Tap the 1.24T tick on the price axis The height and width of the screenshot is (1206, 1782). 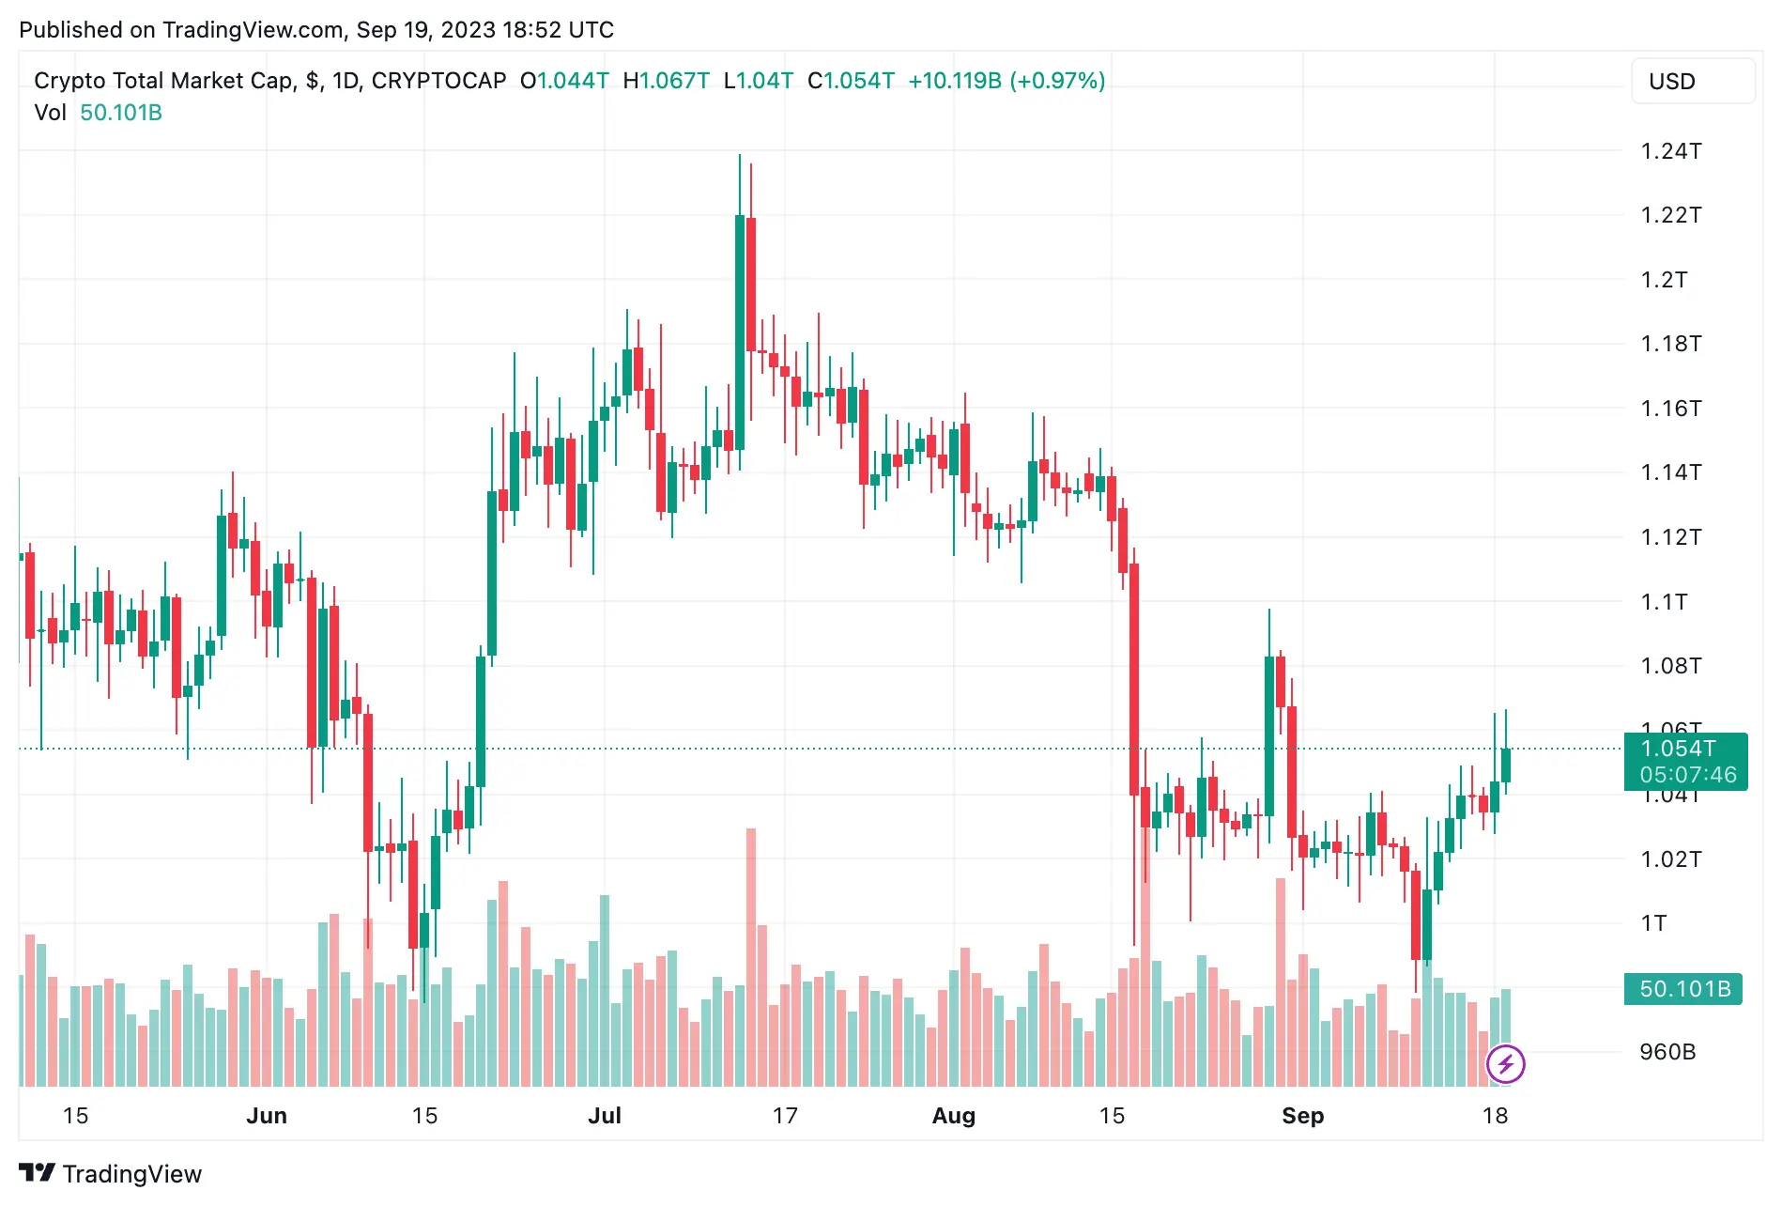pos(1670,151)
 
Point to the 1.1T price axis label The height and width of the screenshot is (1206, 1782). pos(1663,601)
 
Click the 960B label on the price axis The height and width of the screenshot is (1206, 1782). pos(1667,1052)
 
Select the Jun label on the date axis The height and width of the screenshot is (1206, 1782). pos(267,1116)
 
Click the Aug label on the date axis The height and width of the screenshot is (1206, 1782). pos(953,1116)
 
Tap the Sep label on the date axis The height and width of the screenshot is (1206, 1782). pos(1302,1116)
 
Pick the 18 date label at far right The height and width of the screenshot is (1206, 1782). pos(1495,1116)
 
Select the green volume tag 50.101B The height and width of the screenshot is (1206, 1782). pos(1683,989)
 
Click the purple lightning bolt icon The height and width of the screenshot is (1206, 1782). pos(1505,1064)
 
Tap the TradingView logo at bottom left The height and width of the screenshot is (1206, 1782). pos(111,1174)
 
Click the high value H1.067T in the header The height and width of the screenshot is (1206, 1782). pos(666,81)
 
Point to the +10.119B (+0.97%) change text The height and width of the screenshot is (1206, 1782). pos(1006,81)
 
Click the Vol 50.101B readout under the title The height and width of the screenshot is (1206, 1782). pos(98,113)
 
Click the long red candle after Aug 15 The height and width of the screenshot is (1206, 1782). pos(1134,676)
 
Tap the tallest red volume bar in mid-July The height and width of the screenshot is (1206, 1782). pos(751,958)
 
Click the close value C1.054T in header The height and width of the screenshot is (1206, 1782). pos(851,81)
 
